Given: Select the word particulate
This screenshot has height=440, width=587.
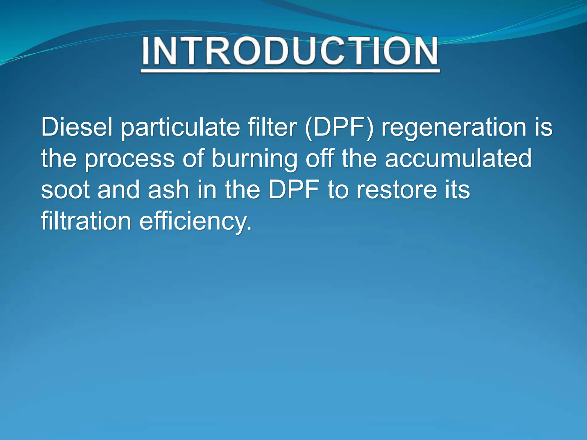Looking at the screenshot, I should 180,128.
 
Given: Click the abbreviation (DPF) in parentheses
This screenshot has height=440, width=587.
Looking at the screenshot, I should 339,128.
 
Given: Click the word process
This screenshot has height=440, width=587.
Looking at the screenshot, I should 130,159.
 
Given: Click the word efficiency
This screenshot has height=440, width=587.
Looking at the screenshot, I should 195,222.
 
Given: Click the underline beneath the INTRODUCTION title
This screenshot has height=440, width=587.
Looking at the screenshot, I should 290,71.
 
